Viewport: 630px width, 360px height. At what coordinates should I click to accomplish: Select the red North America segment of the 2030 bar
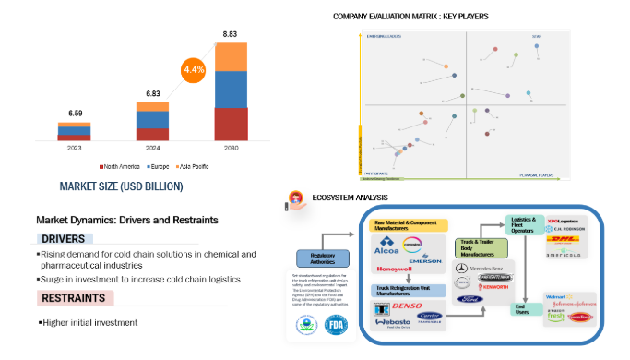[x=231, y=124]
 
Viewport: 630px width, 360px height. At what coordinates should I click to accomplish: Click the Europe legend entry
[x=158, y=166]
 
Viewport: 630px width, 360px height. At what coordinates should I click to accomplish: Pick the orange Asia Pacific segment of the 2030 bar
[x=231, y=56]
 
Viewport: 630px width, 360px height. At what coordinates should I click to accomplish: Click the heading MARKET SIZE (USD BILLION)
[x=121, y=186]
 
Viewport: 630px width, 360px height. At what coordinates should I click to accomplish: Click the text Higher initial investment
[x=90, y=322]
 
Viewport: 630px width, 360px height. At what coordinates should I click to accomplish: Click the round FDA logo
[x=336, y=325]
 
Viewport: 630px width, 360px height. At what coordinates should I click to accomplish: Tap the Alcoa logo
[x=388, y=248]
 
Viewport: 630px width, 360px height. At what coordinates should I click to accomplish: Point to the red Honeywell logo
[x=396, y=269]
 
